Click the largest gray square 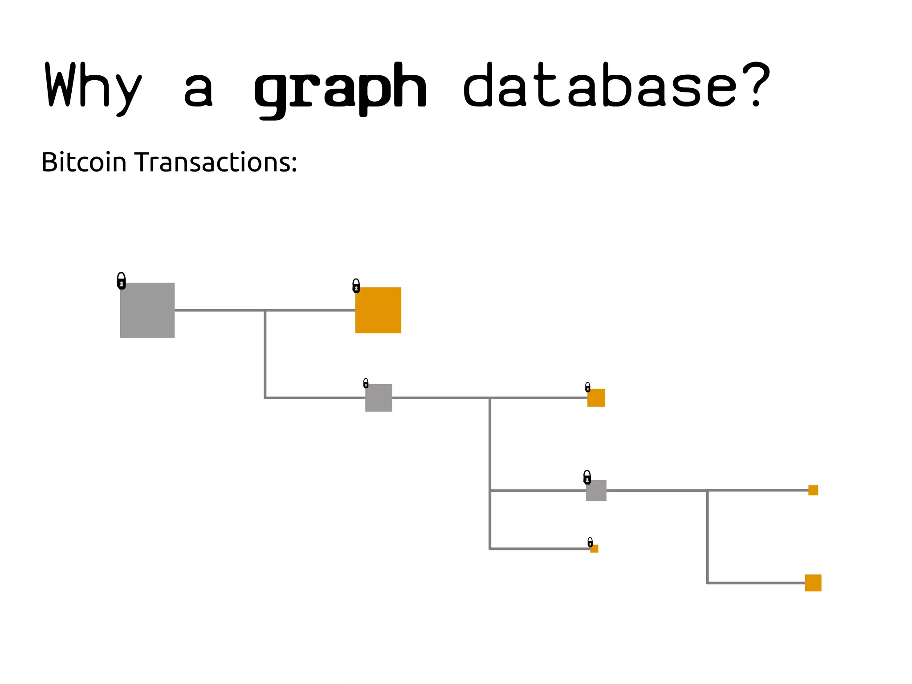147,310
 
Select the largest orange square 378,310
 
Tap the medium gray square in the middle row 379,397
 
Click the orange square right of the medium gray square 596,397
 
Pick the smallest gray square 596,490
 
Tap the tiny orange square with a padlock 594,549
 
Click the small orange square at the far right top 813,490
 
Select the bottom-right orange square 813,583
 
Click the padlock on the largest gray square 121,281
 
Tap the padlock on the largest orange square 356,286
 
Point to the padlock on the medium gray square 366,383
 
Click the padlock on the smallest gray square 587,478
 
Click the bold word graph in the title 340,89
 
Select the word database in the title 599,86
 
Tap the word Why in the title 94,87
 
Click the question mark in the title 756,85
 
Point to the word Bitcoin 84,162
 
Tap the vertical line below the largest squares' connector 265,354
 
